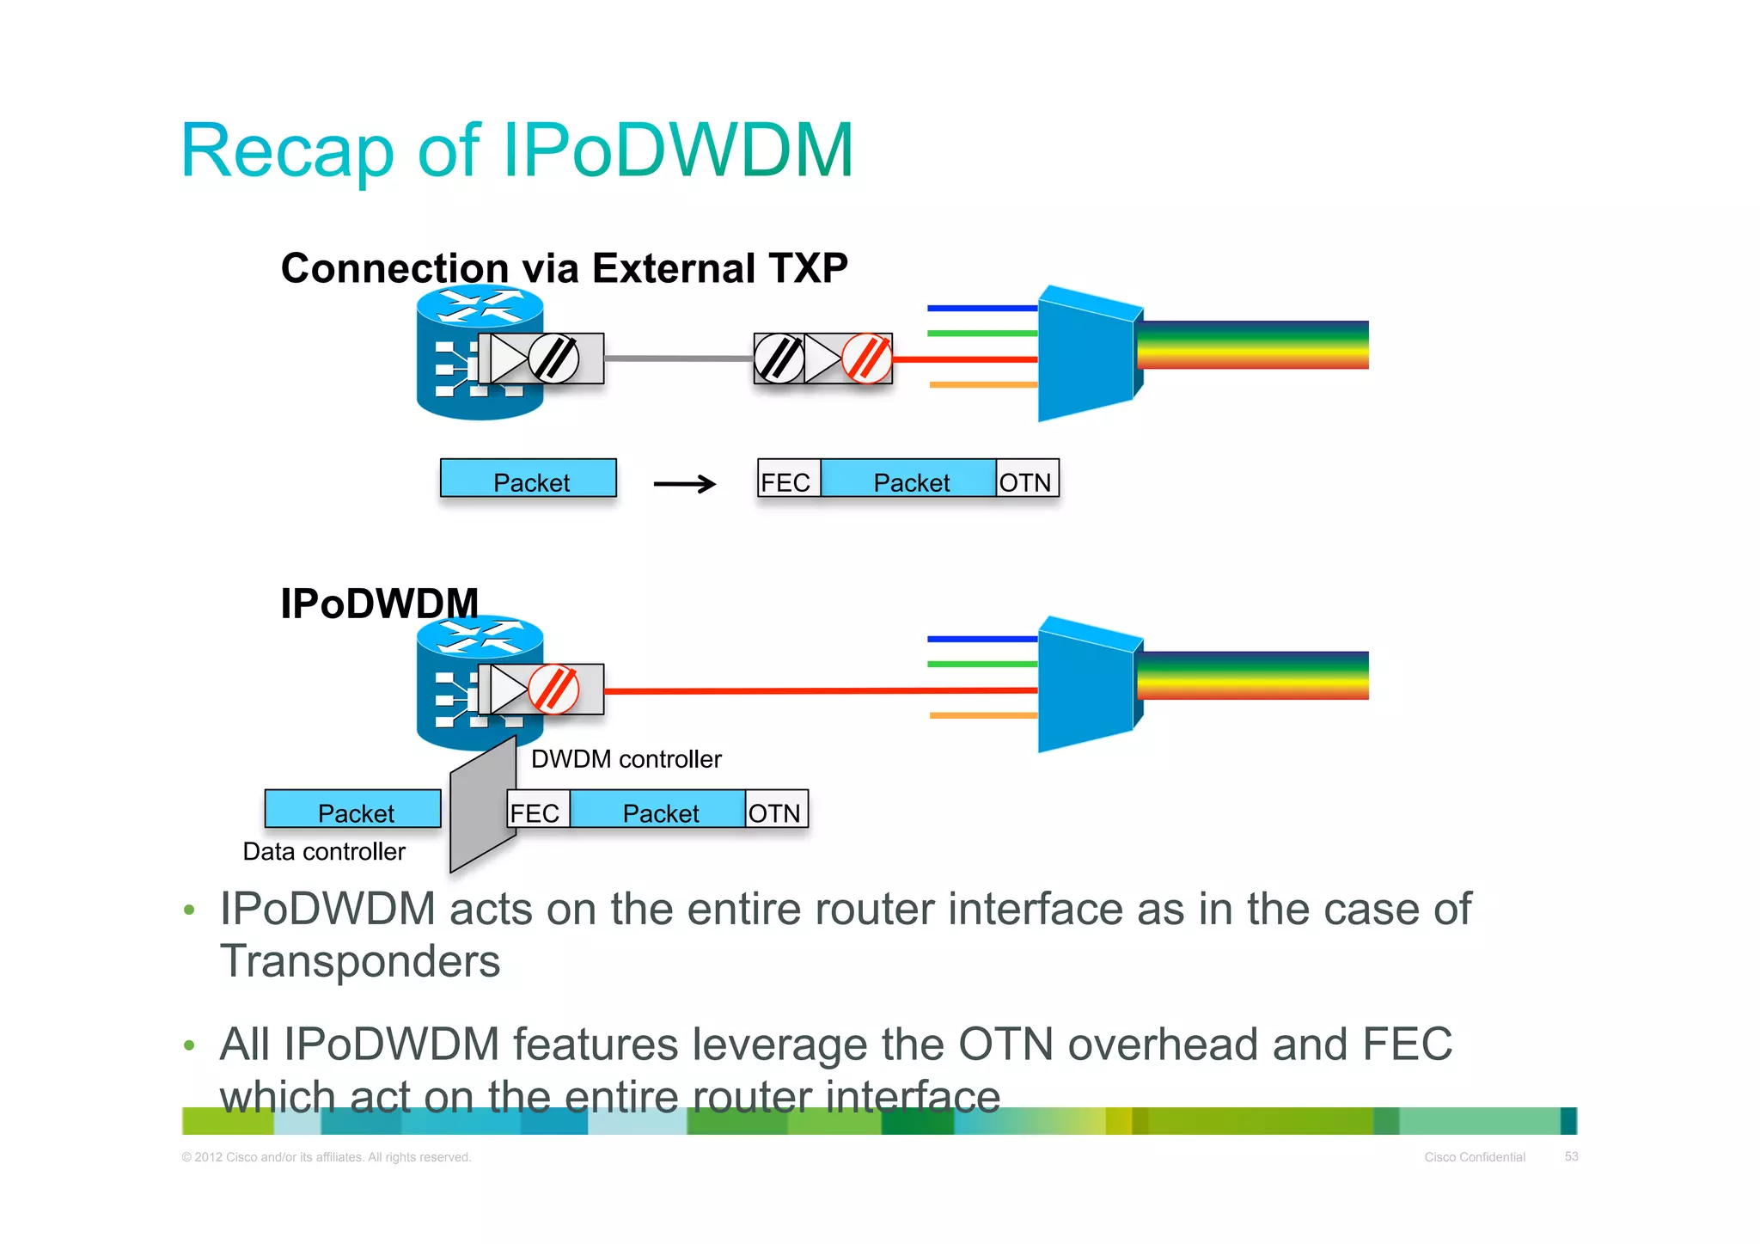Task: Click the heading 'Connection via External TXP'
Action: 564,267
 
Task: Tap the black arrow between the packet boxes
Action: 684,484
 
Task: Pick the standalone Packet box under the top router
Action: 529,480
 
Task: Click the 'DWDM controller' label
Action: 626,759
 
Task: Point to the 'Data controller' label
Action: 324,851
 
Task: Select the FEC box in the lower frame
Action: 537,811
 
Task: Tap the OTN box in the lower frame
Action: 775,811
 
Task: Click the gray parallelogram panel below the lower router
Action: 482,805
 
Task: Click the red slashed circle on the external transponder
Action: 866,358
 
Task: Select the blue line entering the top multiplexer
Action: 981,308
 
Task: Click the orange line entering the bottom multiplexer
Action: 983,715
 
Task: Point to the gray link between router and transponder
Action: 679,358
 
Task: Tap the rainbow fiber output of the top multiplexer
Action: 1252,345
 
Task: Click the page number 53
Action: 1571,1156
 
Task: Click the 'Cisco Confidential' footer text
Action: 1475,1157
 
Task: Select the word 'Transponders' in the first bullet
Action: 360,961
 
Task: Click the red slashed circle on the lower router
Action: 553,689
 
